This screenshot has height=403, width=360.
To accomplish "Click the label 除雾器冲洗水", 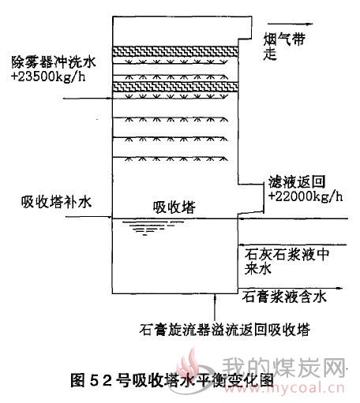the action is coord(53,62).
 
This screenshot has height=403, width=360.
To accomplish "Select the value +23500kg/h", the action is coord(48,77).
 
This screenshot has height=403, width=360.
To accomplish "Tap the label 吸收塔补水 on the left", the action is coord(56,203).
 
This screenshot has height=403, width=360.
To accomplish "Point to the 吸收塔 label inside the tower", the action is coord(174,207).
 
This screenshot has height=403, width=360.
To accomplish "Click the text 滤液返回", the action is coord(297,182).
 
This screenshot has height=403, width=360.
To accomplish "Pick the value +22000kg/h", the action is coord(306,196).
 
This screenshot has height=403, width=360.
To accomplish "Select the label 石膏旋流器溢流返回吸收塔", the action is coord(224,330).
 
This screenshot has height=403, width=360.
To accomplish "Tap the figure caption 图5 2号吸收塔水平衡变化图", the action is coord(172,380).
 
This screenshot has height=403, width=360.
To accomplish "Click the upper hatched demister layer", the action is coord(175,51).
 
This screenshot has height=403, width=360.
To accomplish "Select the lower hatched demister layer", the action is coord(175,87).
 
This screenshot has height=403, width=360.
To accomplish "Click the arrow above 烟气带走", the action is coord(290,24).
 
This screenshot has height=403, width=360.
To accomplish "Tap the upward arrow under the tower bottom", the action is coord(216,307).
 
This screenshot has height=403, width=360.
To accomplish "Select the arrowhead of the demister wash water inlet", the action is coord(109,99).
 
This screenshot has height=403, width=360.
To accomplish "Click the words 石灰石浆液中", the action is coord(287,254).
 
